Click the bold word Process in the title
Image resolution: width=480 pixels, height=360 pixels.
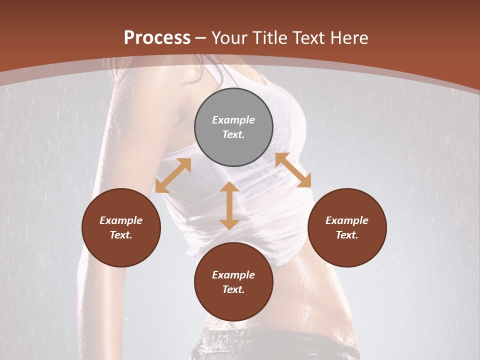click(x=157, y=38)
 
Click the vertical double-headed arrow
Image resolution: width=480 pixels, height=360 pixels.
click(x=229, y=205)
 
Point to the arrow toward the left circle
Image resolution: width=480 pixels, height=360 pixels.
click(x=173, y=175)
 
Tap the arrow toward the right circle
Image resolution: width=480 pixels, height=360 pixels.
click(x=293, y=170)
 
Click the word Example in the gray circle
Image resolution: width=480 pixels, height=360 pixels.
click(x=233, y=120)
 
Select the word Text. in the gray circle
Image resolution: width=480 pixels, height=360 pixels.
click(x=233, y=134)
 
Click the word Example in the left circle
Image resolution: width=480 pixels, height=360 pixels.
click(x=121, y=220)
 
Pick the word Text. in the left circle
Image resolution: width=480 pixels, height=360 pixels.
click(x=121, y=235)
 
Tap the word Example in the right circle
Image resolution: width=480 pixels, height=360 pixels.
click(x=347, y=220)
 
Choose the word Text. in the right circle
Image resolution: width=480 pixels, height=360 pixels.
click(x=347, y=235)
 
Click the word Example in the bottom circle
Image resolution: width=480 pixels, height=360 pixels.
click(x=233, y=275)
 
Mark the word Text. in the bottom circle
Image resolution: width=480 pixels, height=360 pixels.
click(x=233, y=289)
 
